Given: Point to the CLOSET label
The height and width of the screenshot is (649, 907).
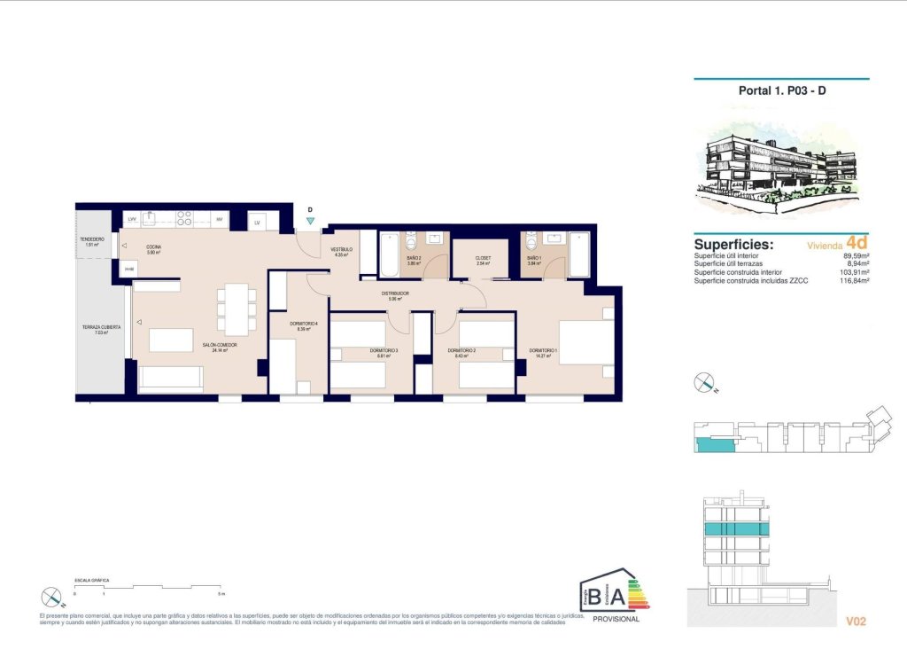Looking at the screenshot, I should [483, 258].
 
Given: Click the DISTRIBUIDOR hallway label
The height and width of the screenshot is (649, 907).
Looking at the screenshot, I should [395, 293].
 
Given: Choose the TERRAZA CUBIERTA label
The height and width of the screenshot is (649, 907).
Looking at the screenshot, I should [102, 327].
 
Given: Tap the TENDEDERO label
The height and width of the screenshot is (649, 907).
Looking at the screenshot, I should [91, 238].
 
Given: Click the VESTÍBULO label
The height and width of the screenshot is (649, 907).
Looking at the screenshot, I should [342, 249].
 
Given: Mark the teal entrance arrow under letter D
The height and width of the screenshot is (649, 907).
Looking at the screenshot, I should [310, 221].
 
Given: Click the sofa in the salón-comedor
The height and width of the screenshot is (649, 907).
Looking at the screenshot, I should [171, 379].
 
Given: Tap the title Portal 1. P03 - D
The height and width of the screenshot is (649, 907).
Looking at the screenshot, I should [782, 90].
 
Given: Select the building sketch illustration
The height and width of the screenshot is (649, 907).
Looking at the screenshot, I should [781, 160].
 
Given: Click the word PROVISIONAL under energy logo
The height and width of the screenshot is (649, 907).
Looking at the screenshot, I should [616, 619].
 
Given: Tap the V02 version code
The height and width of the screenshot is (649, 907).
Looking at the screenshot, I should [855, 622].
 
